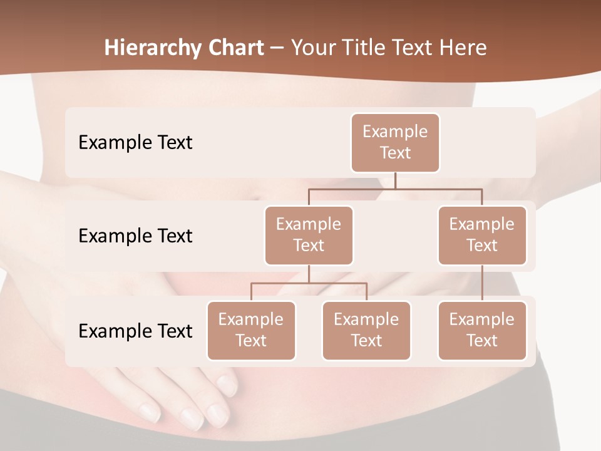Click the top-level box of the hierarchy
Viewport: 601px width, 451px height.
point(395,143)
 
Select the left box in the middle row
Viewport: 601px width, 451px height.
point(309,236)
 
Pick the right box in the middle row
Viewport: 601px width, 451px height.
point(482,236)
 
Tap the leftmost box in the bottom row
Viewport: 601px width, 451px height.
point(251,331)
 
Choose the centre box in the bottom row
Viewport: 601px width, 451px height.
point(366,331)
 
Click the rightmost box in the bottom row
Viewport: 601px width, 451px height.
point(482,331)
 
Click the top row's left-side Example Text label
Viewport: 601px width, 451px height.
point(135,143)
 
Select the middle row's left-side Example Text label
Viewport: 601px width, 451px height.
point(135,236)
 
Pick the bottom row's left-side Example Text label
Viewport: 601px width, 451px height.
point(135,331)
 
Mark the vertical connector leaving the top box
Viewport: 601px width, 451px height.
point(395,180)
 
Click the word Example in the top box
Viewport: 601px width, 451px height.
point(395,132)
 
